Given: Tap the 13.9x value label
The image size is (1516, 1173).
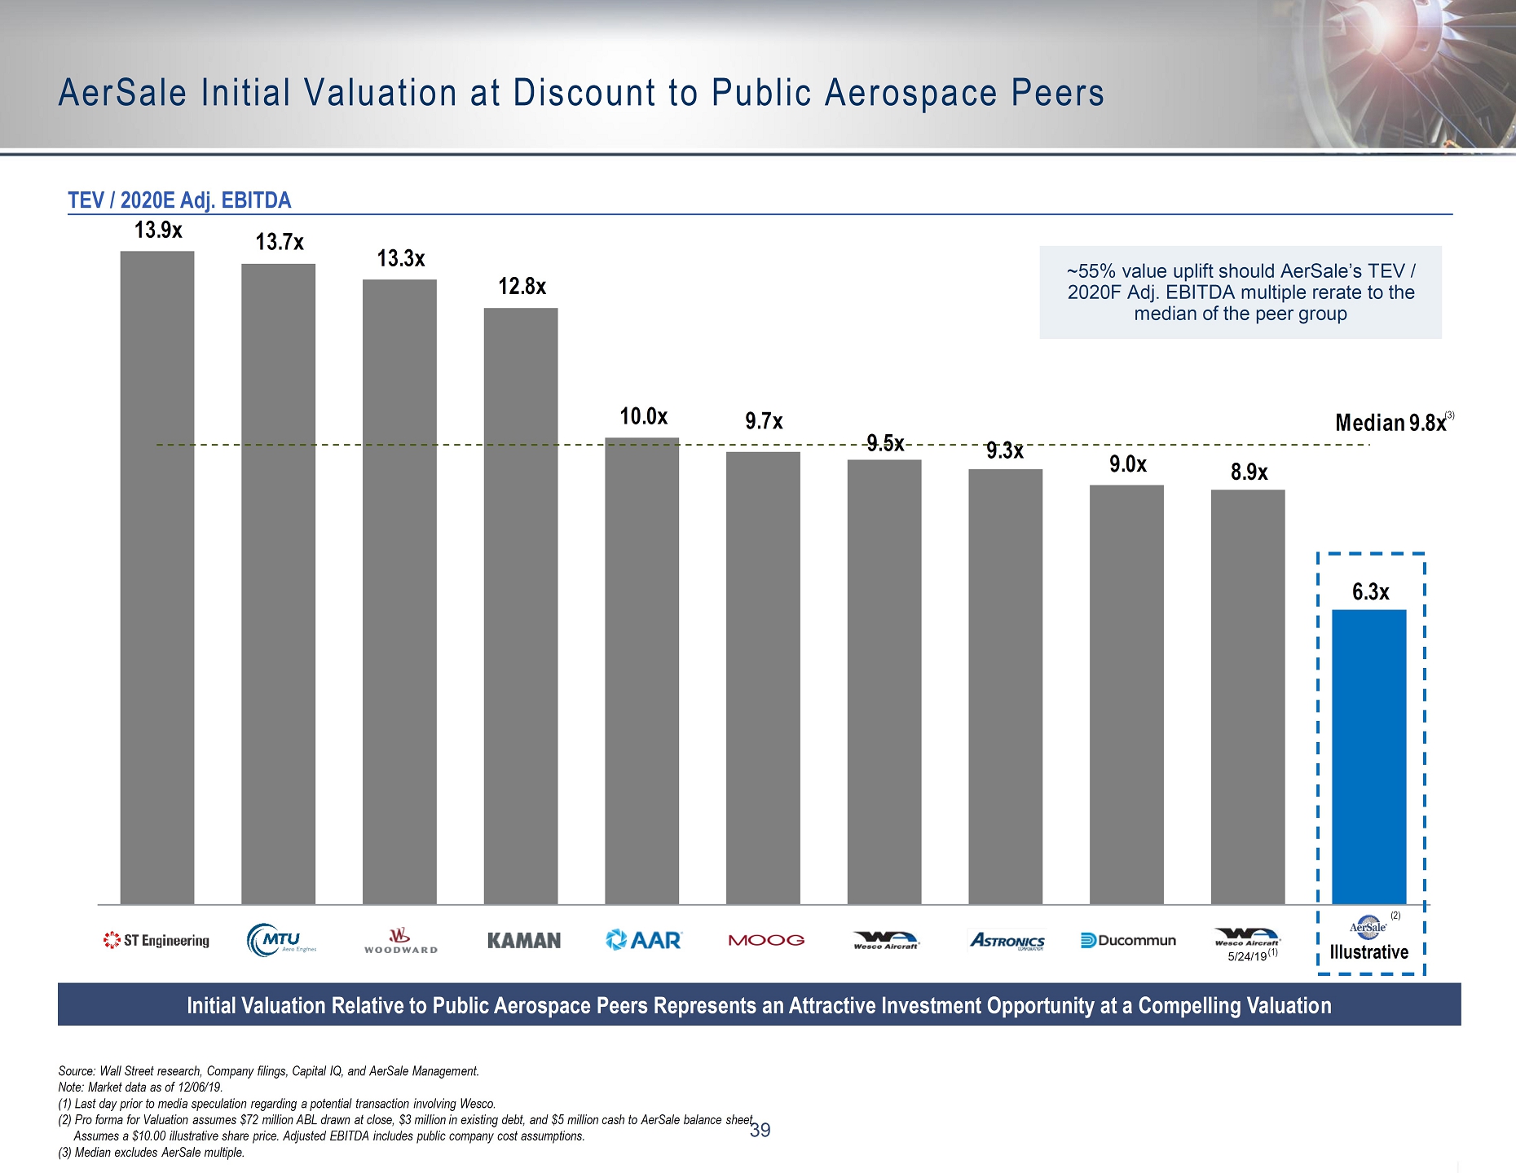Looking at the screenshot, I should (158, 231).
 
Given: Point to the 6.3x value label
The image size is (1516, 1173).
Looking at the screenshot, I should (1370, 592).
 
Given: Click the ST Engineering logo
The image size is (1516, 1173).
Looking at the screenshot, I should (156, 941).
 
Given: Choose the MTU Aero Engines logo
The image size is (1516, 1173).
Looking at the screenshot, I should (280, 940).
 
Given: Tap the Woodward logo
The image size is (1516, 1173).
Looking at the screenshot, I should (400, 940).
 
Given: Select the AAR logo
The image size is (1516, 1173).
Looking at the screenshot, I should (643, 940).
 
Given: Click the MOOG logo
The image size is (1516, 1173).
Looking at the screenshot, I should (765, 940).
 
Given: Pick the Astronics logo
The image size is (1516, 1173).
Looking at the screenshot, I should (1007, 941).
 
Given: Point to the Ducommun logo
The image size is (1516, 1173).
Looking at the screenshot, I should (1128, 941).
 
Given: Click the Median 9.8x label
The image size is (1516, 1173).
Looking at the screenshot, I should (1390, 423).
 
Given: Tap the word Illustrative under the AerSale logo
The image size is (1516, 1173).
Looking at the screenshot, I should (1368, 952).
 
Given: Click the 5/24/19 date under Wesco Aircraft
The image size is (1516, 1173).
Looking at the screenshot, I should (1247, 956).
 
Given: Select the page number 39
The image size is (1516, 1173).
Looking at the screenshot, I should (760, 1130).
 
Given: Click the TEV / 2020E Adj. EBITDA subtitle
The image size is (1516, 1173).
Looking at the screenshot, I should (179, 200).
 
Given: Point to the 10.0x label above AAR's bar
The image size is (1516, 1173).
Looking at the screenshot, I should (643, 417).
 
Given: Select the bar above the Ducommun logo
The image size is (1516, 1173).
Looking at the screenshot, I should (1126, 694).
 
